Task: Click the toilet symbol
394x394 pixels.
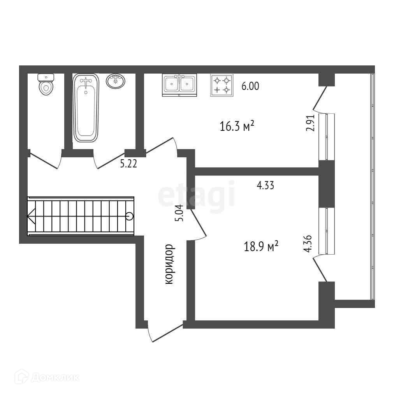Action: pos(46,84)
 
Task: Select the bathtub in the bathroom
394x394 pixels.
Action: pos(86,108)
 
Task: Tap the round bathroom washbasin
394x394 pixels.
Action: pos(116,81)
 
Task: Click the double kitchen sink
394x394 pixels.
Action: pos(179,85)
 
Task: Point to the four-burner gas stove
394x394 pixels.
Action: pos(222,85)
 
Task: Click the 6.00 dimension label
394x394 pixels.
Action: pos(250,86)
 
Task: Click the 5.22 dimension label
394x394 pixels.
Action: pos(128,164)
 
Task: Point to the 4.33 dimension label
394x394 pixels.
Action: pos(266,186)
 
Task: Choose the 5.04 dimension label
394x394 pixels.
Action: pos(179,213)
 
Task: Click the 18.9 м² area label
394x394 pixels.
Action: pos(261,246)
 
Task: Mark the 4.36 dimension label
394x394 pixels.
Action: pos(310,243)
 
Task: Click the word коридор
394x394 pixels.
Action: pos(169,264)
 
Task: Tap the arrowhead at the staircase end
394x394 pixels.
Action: pos(31,216)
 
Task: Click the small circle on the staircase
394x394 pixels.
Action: pos(130,216)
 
